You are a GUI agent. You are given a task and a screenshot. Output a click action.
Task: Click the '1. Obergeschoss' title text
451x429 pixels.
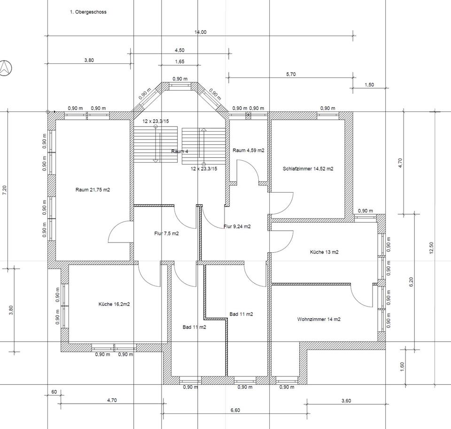[x=88, y=12]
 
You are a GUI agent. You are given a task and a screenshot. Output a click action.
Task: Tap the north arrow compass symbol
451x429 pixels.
[x=5, y=68]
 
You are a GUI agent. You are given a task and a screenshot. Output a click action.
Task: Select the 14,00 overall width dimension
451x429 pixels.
[x=200, y=32]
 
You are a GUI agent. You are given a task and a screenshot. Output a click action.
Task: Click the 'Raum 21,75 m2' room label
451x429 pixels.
[x=93, y=190]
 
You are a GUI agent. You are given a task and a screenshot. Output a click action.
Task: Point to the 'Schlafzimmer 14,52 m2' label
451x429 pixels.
[x=308, y=169]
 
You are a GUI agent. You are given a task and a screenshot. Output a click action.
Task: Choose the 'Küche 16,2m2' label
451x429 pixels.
[x=114, y=304]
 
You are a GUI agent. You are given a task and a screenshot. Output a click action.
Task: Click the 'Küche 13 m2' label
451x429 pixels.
[x=324, y=252]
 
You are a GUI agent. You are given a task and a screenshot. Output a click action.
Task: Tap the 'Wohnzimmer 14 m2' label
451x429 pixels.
[x=319, y=320]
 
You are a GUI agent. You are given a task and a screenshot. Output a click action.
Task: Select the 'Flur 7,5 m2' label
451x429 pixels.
[x=166, y=234]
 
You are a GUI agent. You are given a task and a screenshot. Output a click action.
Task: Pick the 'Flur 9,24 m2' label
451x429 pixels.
[x=237, y=226]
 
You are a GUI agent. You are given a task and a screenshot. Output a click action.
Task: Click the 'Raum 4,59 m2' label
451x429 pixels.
[x=248, y=150]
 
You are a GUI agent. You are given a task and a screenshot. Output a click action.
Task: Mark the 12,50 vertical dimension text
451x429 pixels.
[x=431, y=248]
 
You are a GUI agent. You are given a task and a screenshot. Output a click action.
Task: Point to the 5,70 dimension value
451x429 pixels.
[x=291, y=74]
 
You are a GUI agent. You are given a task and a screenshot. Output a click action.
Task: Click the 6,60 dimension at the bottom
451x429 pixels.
[x=235, y=410]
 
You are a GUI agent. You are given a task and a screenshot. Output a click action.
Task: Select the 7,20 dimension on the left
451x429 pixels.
[x=4, y=190]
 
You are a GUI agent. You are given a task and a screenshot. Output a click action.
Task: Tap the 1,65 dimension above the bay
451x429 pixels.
[x=179, y=62]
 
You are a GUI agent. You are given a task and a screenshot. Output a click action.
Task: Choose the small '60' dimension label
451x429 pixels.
[x=54, y=392]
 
